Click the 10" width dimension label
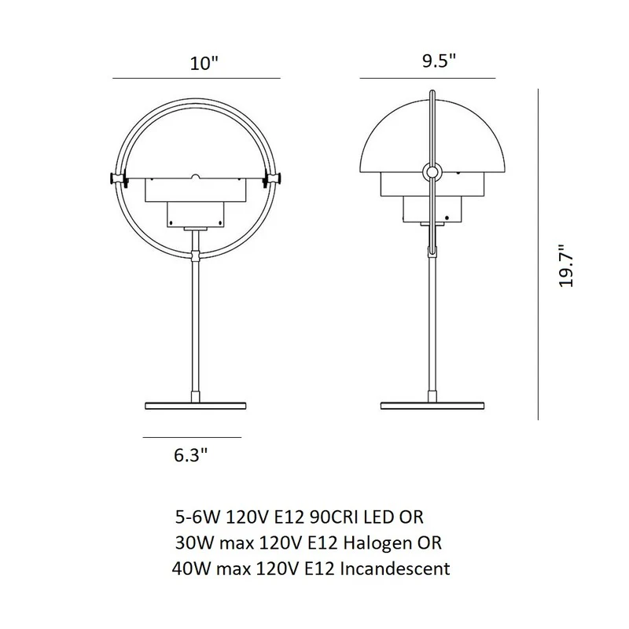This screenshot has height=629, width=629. point(204,64)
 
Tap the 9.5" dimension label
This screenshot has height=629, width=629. point(440,61)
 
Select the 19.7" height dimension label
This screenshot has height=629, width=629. point(566,266)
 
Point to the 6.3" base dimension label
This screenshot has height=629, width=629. point(191,455)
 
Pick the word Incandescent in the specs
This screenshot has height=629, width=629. point(395,568)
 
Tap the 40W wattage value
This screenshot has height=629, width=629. point(191,568)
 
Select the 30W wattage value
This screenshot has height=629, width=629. point(194,543)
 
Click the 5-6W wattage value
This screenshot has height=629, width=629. point(198,517)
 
